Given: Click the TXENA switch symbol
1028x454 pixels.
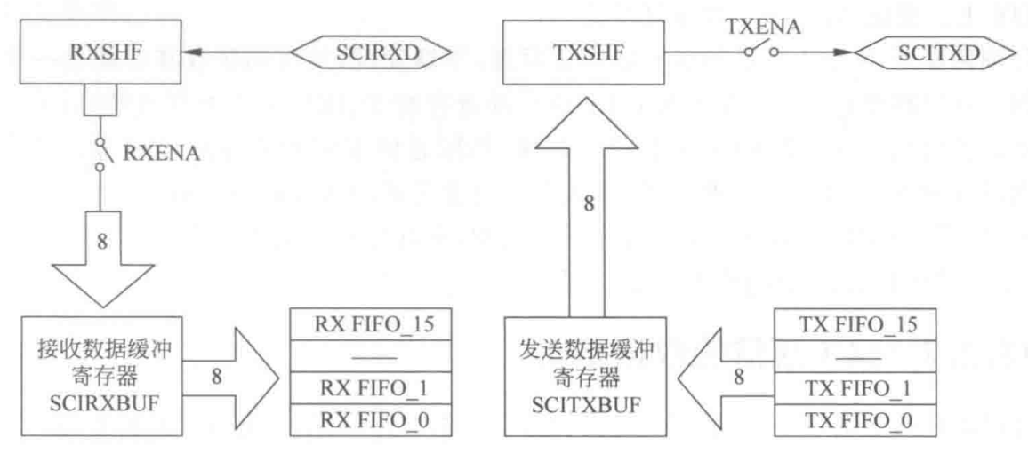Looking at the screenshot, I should pyautogui.click(x=761, y=52).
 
